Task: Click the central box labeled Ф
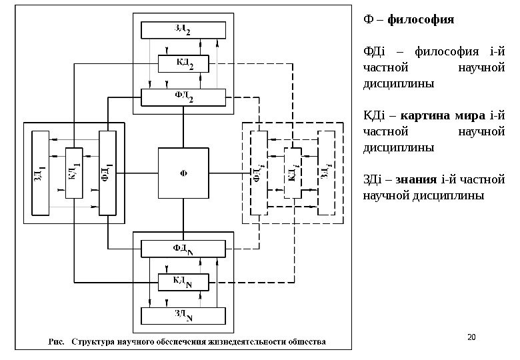point(183,173)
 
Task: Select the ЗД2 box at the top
point(183,31)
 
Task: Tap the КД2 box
point(183,64)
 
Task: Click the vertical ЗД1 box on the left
point(41,173)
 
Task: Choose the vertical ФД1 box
point(107,173)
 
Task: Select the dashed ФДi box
point(259,173)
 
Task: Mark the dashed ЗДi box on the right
point(325,173)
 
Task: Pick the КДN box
point(183,283)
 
